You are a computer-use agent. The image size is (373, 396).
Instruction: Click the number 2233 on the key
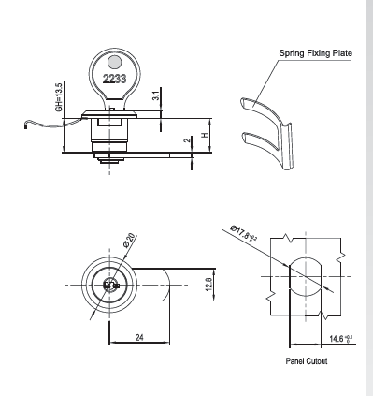(114, 79)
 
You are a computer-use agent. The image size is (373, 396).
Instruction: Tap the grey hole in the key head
(114, 63)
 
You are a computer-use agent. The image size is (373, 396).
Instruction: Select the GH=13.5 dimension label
(59, 96)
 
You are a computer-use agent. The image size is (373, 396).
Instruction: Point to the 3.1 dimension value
(156, 94)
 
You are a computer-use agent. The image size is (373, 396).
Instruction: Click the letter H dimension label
(205, 135)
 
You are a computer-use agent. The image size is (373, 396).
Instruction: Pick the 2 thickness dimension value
(187, 140)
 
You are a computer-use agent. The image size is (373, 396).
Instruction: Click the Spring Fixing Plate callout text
(315, 53)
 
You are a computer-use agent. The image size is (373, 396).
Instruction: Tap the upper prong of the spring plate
(262, 108)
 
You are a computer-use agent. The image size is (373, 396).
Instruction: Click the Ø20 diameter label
(130, 240)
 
